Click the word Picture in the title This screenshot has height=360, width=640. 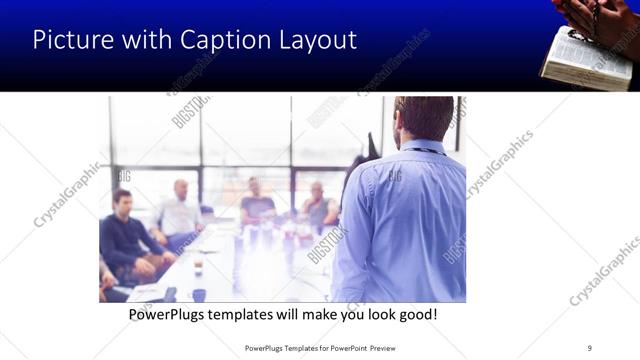69,40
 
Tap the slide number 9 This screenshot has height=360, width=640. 589,347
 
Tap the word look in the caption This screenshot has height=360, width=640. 372,314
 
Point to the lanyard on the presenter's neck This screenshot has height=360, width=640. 424,150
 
